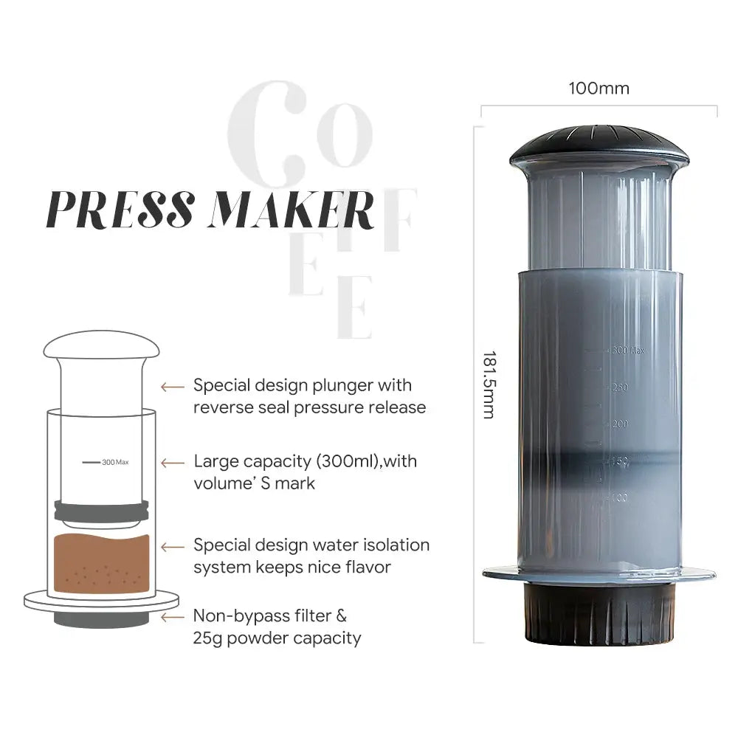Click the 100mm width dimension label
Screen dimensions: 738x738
tap(599, 89)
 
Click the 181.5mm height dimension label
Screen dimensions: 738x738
tap(488, 384)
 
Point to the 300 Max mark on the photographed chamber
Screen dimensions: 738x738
tap(627, 350)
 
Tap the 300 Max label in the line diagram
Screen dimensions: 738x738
tap(115, 462)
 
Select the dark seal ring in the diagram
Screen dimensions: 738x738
tap(101, 509)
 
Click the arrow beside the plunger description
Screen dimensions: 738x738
tap(173, 386)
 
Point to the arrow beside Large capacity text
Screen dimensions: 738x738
tap(173, 463)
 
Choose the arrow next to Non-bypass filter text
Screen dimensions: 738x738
tap(173, 616)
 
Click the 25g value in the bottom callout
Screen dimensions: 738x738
tap(207, 638)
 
